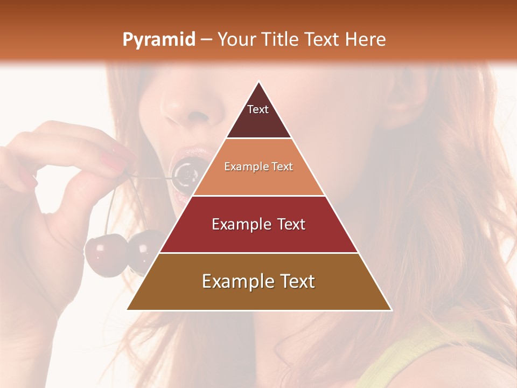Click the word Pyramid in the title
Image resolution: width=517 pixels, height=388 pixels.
coord(158,40)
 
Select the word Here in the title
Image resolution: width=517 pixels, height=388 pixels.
coord(366,39)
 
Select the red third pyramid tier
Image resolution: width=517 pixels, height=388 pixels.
coord(258,225)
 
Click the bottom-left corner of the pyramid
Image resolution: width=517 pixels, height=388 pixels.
coord(128,309)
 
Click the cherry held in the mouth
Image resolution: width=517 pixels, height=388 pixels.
coord(185,174)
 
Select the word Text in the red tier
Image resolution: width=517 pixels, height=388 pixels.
coord(291,224)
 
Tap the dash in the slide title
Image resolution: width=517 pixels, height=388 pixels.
coord(206,40)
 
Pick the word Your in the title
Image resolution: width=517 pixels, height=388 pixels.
coord(236,39)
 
